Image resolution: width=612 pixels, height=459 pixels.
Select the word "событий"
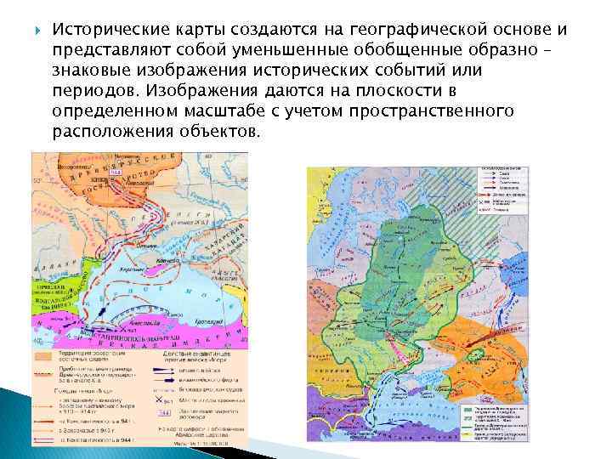417,70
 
